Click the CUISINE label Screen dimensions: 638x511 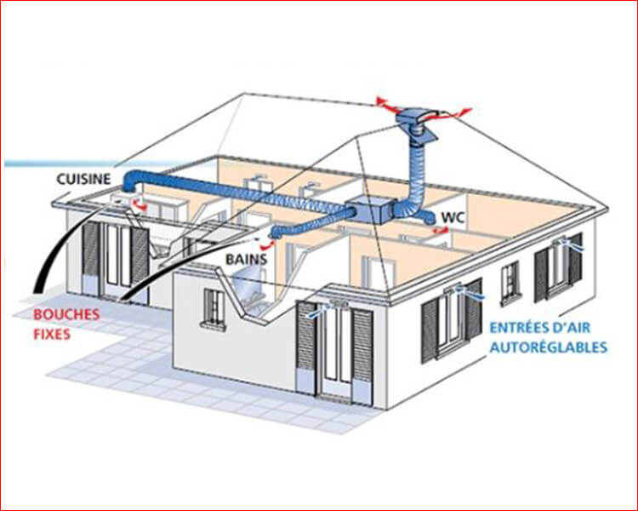(x=83, y=179)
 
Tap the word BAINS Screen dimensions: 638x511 (x=246, y=259)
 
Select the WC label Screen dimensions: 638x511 (x=453, y=218)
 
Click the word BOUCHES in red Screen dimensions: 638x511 (x=66, y=314)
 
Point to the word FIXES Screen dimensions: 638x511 (x=52, y=335)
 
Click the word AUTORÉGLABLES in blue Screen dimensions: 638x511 (x=549, y=347)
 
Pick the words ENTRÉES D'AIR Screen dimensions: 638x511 (x=539, y=327)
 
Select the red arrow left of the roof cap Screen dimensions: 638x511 (x=386, y=104)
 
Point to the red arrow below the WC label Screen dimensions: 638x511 (x=441, y=230)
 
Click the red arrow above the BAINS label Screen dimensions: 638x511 (x=267, y=244)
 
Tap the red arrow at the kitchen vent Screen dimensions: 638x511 (x=140, y=206)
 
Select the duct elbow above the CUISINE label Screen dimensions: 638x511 (x=131, y=181)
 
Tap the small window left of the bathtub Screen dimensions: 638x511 (x=213, y=307)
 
